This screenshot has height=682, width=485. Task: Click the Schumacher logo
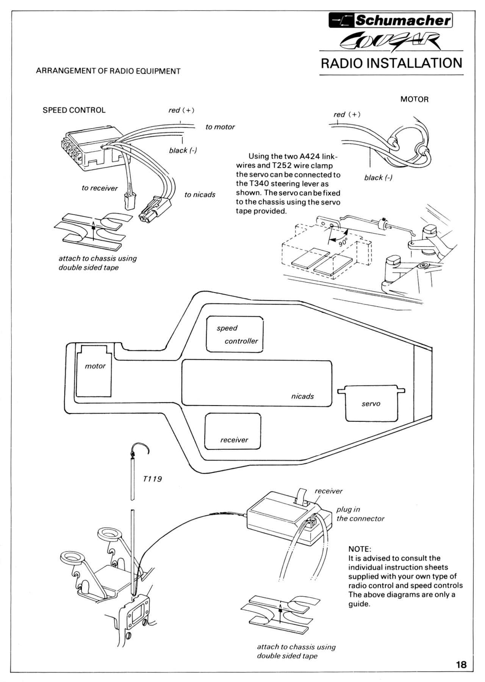[x=391, y=20]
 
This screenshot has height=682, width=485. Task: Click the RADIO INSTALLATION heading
[x=391, y=63]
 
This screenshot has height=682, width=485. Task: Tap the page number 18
[x=462, y=665]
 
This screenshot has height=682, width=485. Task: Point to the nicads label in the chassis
[x=302, y=396]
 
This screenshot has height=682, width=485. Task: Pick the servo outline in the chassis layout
[x=372, y=404]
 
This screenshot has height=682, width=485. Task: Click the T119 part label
[x=153, y=479]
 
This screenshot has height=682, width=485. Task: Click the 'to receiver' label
[x=100, y=188]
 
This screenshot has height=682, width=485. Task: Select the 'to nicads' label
[x=200, y=195]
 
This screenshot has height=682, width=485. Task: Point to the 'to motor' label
[x=220, y=127]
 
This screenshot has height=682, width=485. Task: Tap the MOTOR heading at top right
[x=414, y=99]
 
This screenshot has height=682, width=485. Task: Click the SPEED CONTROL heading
[x=74, y=110]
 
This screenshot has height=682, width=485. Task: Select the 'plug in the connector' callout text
[x=360, y=514]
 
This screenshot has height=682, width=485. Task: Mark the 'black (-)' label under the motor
[x=378, y=178]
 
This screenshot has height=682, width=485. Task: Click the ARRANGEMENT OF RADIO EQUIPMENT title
[x=108, y=71]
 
